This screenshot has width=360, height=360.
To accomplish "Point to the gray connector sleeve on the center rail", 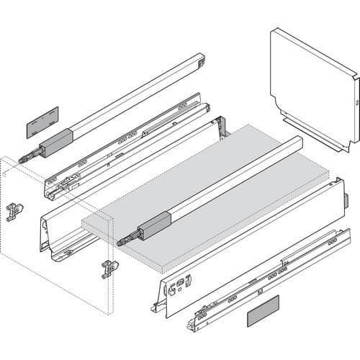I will (156, 222).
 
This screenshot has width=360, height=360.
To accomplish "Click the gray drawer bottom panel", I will (209, 187).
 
